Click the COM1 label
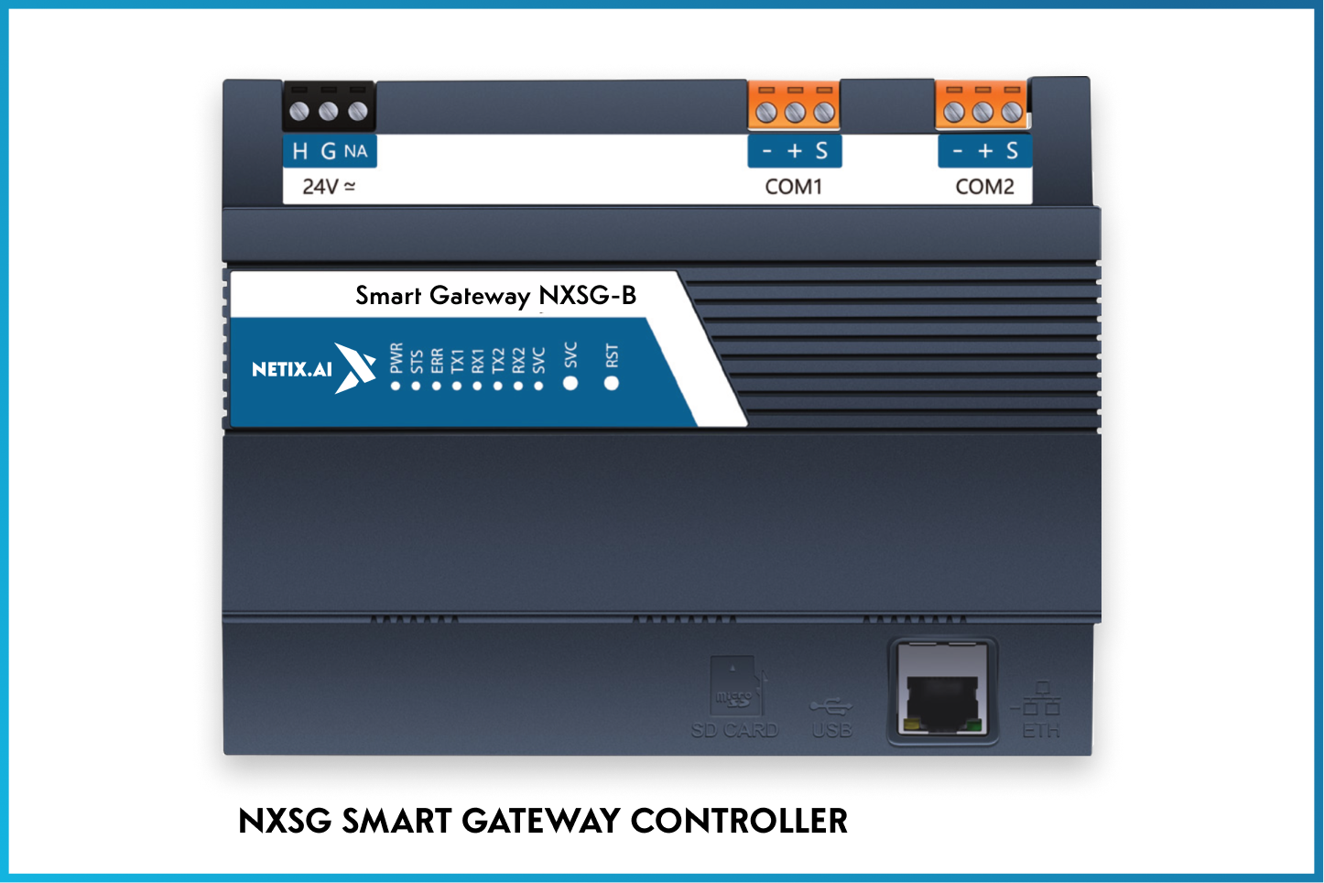793,187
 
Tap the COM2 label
984,187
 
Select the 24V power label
329,187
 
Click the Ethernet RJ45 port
942,692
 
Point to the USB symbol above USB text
830,705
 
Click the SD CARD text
734,730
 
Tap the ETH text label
1041,731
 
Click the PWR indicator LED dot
396,386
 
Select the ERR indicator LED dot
437,386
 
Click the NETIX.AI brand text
291,369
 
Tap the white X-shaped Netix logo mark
355,367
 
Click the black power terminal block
329,108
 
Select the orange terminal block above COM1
794,105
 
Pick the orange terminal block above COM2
982,105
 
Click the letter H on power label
299,151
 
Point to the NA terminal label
356,151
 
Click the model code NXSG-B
587,295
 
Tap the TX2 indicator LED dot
498,386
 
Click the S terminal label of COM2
1012,151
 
